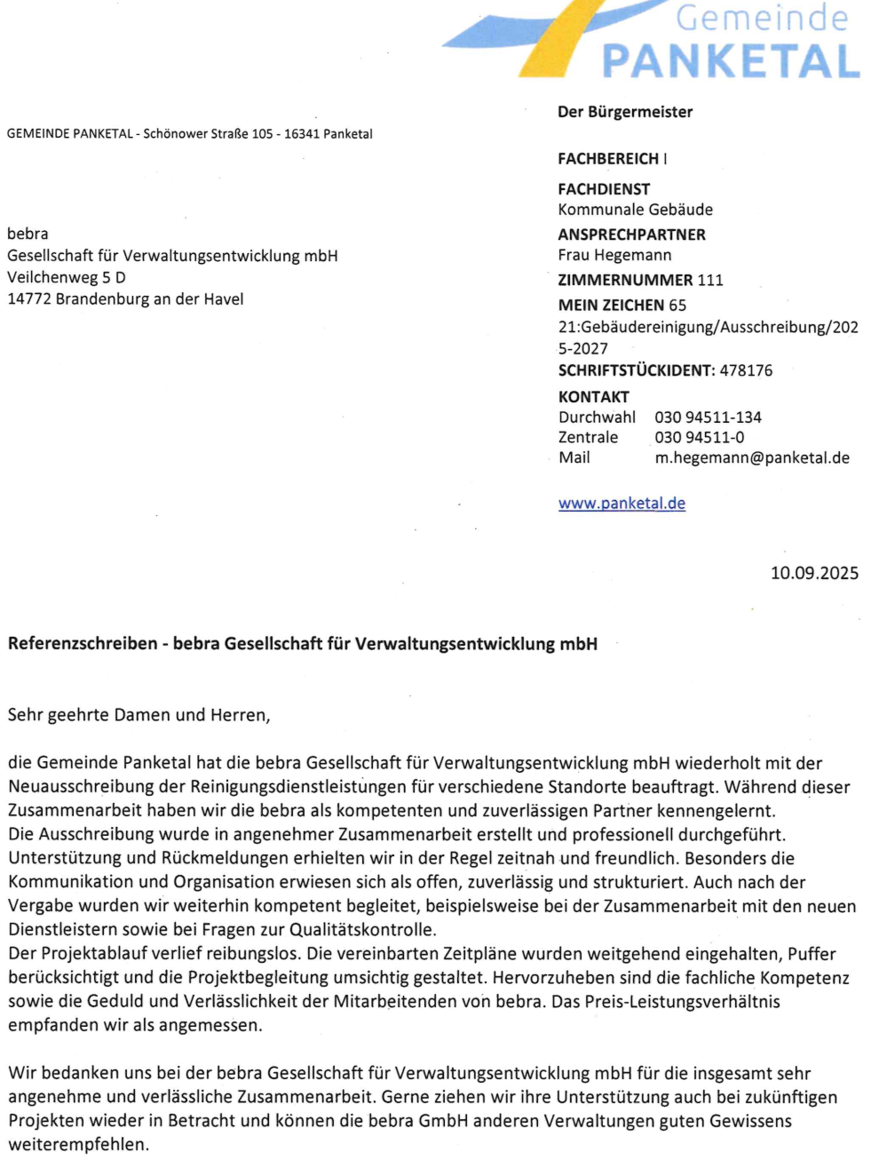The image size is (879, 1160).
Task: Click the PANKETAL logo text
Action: pos(731,60)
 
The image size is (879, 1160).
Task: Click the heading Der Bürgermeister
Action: pos(625,112)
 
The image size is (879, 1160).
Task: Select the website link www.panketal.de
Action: pos(622,504)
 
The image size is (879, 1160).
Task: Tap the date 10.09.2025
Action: pos(814,573)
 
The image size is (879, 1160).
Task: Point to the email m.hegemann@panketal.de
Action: pos(752,458)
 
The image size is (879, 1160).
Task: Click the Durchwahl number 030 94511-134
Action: pos(708,417)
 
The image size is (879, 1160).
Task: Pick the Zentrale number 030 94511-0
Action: pos(700,438)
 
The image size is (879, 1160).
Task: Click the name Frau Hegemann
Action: pos(614,255)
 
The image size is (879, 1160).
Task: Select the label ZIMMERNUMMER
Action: pos(625,280)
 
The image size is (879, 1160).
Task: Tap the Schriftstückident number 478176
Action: pos(746,370)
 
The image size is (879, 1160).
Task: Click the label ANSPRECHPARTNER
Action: pos(631,234)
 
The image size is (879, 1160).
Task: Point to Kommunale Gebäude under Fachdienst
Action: pos(635,210)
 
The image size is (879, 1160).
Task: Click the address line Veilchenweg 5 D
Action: pos(67,277)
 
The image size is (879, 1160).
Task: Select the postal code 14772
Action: pos(29,299)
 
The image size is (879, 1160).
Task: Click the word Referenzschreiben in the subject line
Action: pos(83,644)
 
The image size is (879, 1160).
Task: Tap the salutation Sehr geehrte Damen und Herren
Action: pos(139,715)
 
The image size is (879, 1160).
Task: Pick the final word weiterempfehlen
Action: pos(79,1145)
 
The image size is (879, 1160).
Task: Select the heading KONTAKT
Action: pos(593,397)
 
